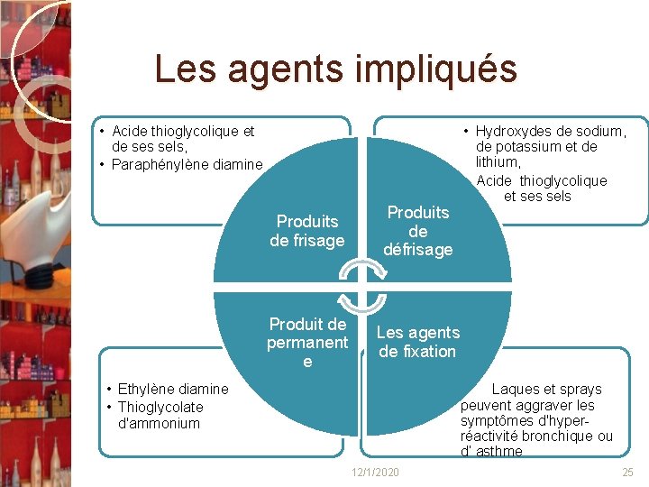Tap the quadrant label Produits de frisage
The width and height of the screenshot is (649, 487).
[307, 231]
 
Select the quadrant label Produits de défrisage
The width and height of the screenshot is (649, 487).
[417, 231]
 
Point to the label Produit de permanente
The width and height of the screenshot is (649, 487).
[307, 343]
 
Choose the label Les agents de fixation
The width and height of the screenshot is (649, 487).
[418, 342]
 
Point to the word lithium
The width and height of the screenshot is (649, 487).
[498, 162]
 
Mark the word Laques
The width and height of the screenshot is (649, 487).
[514, 390]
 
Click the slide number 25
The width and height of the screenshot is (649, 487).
[628, 473]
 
